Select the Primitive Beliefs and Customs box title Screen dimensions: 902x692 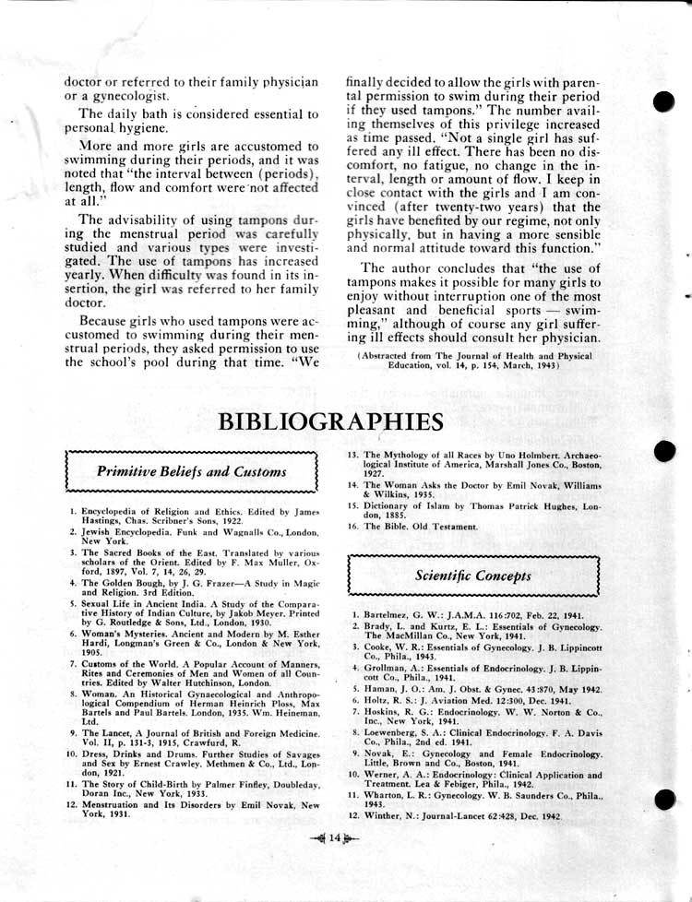(192, 472)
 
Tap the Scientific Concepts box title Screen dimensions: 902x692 (472, 576)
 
